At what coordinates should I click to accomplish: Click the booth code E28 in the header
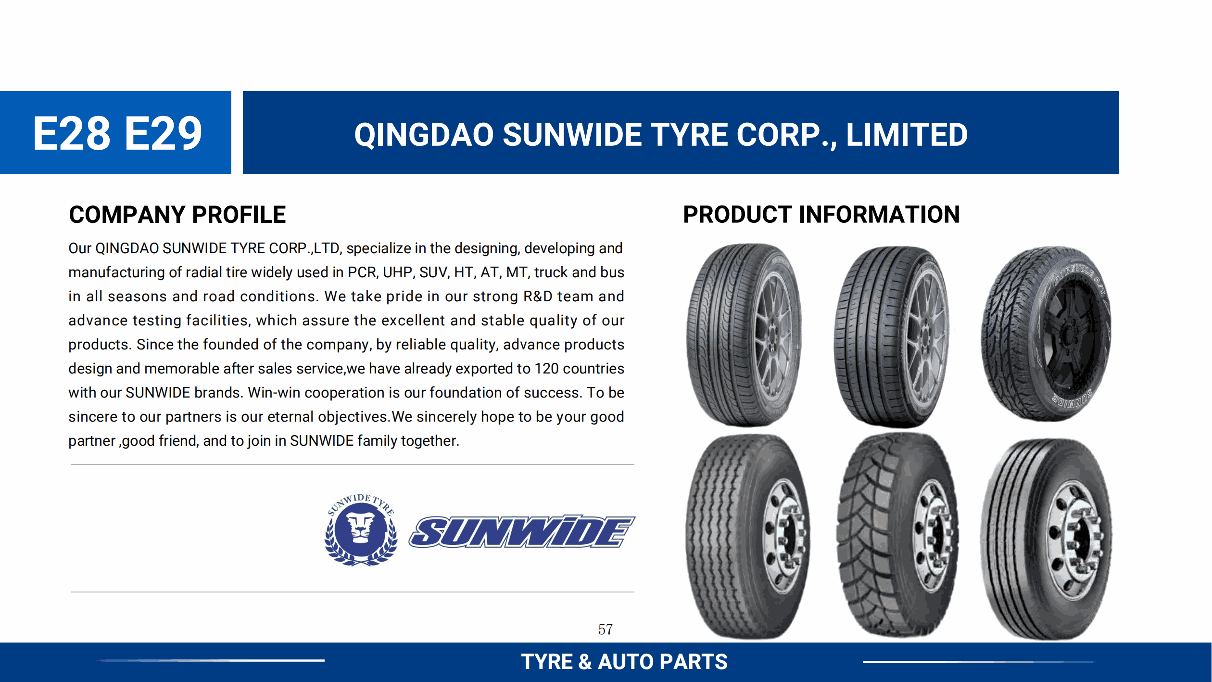tap(72, 133)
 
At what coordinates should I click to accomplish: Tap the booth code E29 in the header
tap(164, 133)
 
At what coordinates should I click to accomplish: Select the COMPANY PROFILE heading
tap(177, 215)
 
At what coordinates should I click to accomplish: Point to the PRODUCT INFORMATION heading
tap(821, 215)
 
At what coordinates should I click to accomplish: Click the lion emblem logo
tap(361, 529)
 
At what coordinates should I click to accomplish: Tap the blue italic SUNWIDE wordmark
tap(522, 531)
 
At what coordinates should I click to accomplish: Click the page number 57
tap(606, 629)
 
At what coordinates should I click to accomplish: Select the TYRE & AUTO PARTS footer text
tap(624, 662)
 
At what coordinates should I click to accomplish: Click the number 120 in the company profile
tap(546, 369)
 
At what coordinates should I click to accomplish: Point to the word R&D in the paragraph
tap(538, 296)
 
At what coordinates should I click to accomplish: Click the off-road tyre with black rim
tap(1047, 334)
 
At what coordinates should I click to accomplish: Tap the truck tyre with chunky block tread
tap(897, 535)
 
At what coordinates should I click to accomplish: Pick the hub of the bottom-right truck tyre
tap(1077, 541)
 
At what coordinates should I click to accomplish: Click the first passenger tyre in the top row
tap(744, 335)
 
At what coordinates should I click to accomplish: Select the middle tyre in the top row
tap(892, 337)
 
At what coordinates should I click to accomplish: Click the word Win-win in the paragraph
tap(274, 393)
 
